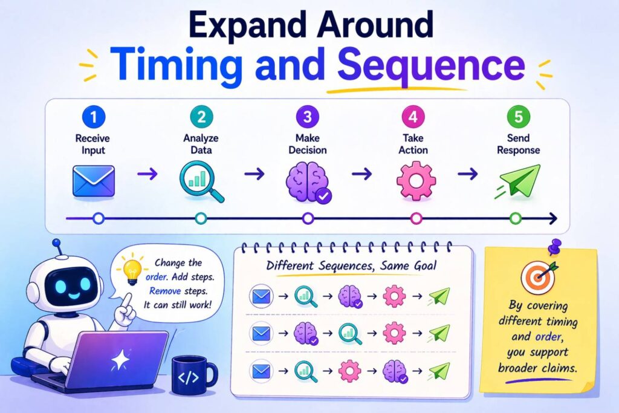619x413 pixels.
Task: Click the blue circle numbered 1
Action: click(94, 117)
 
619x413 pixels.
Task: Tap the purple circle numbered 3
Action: click(308, 117)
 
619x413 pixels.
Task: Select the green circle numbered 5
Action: click(518, 117)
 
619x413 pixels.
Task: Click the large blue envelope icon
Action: click(94, 181)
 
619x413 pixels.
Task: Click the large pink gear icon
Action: click(416, 181)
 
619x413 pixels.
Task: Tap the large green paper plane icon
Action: click(518, 181)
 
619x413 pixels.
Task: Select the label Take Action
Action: click(413, 144)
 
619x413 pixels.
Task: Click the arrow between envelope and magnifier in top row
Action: click(147, 174)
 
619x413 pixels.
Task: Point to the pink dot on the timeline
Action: click(416, 218)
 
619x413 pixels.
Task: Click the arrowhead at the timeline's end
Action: click(553, 218)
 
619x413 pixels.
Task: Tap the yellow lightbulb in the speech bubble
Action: click(131, 271)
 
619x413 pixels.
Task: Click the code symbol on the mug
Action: click(189, 378)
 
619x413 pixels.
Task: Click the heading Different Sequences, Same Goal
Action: click(351, 265)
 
